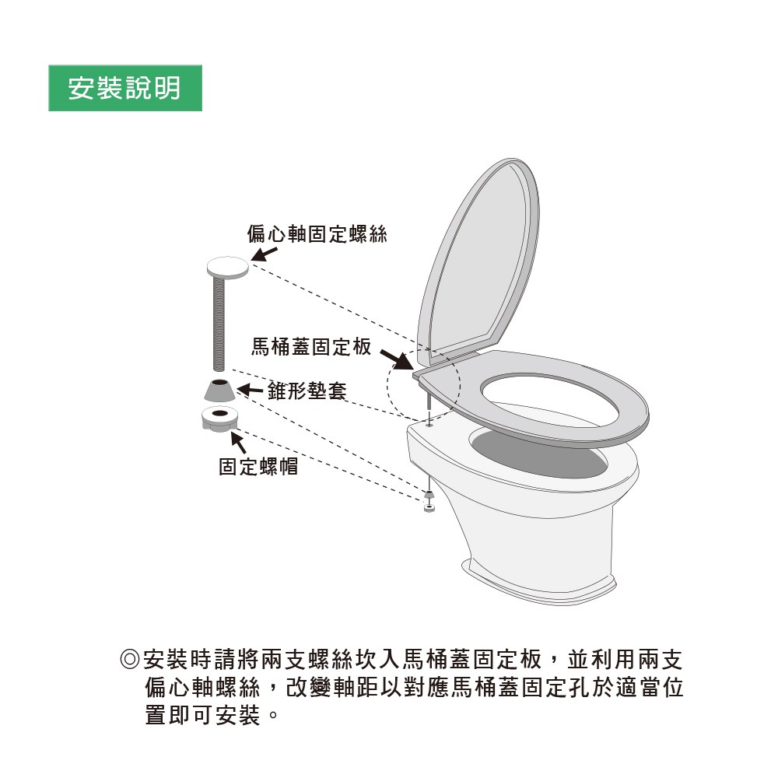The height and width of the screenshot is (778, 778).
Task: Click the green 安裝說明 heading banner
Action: [125, 88]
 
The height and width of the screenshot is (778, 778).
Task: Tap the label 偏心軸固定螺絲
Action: [317, 234]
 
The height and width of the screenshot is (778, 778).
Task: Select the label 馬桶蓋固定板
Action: [311, 347]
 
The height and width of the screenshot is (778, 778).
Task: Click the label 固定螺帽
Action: [258, 466]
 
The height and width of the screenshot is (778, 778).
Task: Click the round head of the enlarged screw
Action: [228, 268]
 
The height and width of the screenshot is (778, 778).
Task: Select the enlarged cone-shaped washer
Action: [220, 390]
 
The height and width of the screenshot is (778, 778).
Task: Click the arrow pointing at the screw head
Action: [264, 254]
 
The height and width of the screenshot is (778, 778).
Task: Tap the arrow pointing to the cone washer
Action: [250, 390]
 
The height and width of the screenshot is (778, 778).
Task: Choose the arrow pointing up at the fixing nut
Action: [239, 443]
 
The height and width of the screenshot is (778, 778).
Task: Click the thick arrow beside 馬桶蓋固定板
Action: [397, 360]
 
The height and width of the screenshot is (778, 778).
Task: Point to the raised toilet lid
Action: [478, 258]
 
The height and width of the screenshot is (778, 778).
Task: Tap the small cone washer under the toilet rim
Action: [429, 495]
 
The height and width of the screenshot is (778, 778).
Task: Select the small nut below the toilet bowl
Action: [429, 507]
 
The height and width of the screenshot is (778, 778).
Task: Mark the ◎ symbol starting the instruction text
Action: [130, 660]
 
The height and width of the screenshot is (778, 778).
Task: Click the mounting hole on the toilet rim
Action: [429, 425]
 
